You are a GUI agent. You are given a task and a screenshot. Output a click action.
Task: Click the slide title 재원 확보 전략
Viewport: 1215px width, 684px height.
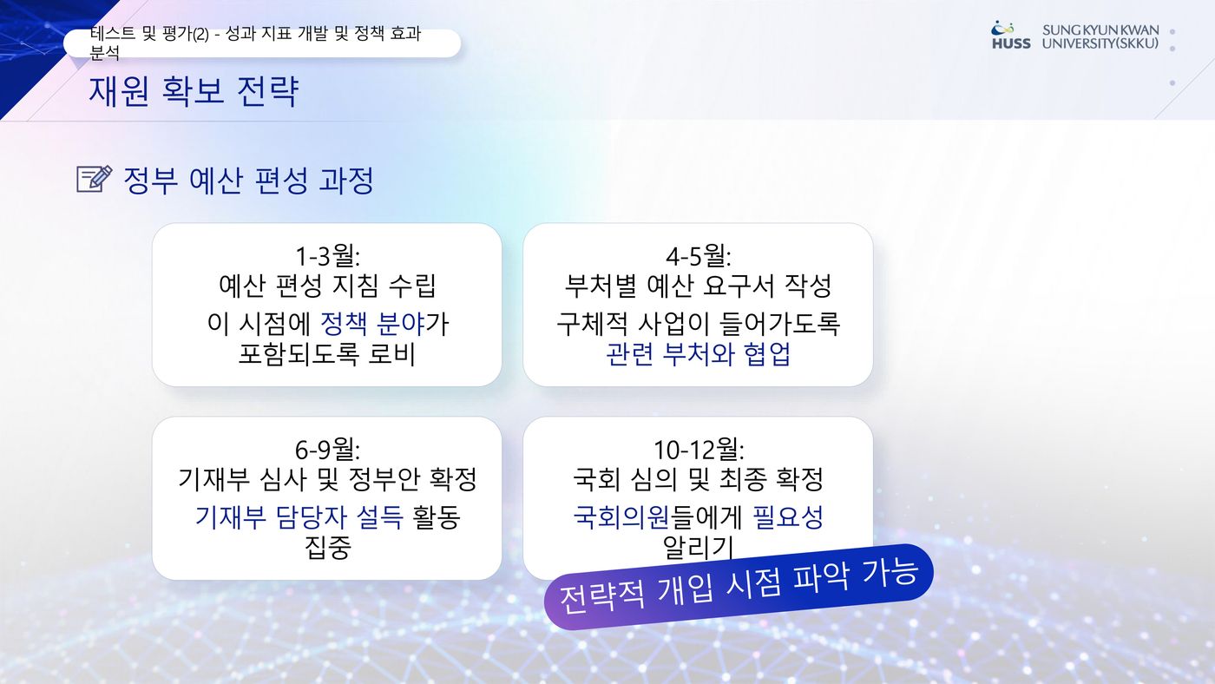(x=193, y=90)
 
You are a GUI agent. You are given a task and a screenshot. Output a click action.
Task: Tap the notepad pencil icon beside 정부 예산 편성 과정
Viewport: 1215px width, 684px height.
(x=95, y=179)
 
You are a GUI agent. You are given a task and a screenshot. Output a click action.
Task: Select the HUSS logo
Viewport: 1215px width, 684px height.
(x=1010, y=36)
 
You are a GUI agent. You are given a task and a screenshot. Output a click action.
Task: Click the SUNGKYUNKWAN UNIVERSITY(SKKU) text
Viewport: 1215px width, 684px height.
(x=1100, y=36)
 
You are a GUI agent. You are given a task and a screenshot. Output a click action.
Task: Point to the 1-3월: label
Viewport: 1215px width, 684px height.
(x=327, y=255)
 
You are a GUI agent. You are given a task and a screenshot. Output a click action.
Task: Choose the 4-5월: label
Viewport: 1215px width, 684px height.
(x=698, y=255)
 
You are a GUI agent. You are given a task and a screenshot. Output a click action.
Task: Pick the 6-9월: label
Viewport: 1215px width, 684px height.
(x=327, y=449)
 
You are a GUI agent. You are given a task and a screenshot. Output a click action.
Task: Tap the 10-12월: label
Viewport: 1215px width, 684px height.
(x=698, y=449)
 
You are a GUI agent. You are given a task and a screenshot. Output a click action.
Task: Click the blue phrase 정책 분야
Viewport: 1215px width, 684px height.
(x=372, y=323)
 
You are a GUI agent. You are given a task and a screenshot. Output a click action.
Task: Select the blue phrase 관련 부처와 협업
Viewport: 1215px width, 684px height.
(x=698, y=353)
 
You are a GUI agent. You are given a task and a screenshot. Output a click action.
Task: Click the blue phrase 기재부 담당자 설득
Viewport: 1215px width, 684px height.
(x=299, y=517)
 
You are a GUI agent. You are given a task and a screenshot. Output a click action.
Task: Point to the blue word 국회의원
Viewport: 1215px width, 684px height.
(x=621, y=517)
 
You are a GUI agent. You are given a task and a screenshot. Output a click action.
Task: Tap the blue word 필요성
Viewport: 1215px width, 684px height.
(x=788, y=517)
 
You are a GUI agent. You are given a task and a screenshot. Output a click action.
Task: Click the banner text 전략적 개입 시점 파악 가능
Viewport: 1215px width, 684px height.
(x=739, y=587)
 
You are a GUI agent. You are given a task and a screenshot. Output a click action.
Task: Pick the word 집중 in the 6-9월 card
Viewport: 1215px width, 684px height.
(x=327, y=548)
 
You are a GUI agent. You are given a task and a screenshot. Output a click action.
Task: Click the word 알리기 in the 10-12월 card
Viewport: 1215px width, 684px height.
(x=698, y=548)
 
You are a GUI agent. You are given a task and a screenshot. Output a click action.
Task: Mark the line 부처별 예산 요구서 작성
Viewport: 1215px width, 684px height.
(x=698, y=286)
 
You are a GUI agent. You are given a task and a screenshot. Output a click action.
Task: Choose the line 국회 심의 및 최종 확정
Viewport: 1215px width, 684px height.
(x=698, y=479)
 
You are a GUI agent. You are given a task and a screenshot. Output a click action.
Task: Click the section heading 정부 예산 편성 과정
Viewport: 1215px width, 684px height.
(x=248, y=180)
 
